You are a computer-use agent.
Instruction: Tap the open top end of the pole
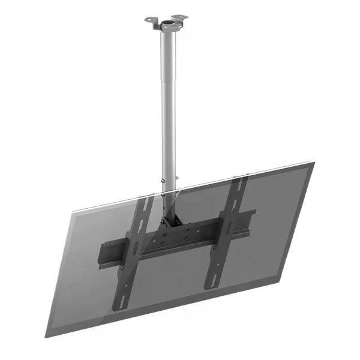point(167,23)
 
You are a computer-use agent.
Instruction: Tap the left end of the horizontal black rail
point(105,255)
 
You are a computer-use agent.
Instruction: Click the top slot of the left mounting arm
point(145,204)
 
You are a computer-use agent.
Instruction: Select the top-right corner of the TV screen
point(313,163)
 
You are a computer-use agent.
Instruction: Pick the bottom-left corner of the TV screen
point(47,336)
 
